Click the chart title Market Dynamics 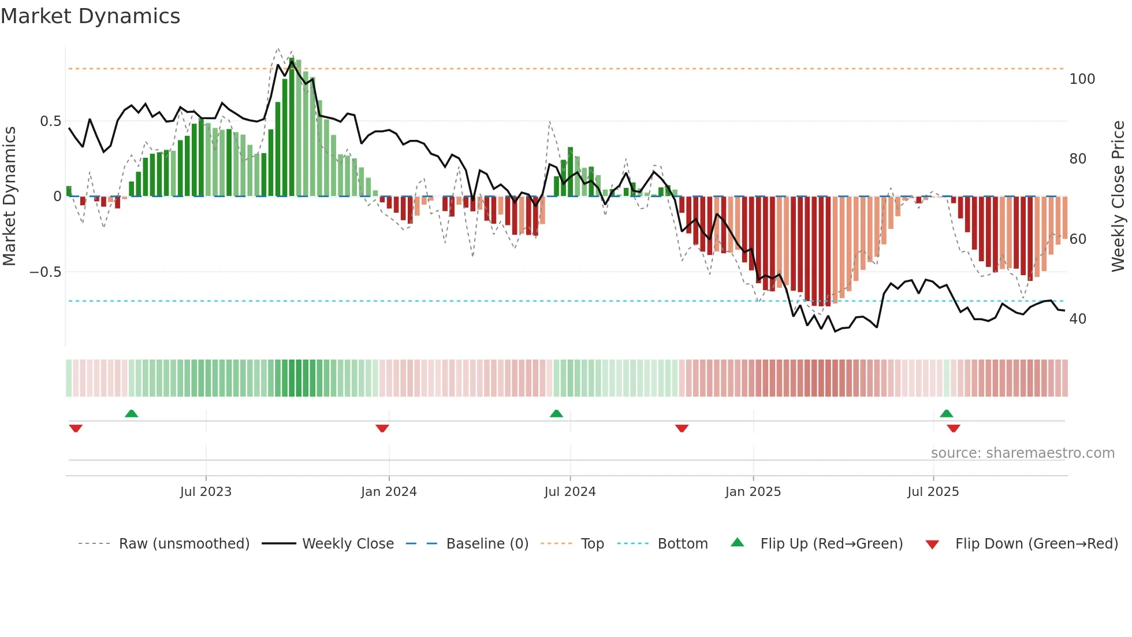point(91,16)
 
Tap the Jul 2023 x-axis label point(206,492)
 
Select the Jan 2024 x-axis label point(389,492)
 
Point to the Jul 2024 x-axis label point(569,492)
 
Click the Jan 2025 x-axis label point(753,492)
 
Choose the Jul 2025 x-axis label point(933,492)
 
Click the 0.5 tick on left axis point(50,121)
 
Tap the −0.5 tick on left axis point(46,272)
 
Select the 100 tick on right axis point(1082,79)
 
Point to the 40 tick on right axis point(1078,319)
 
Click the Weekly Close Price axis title point(1118,197)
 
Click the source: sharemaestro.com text point(1022,453)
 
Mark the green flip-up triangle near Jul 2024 point(556,414)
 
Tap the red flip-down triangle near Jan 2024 point(382,428)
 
